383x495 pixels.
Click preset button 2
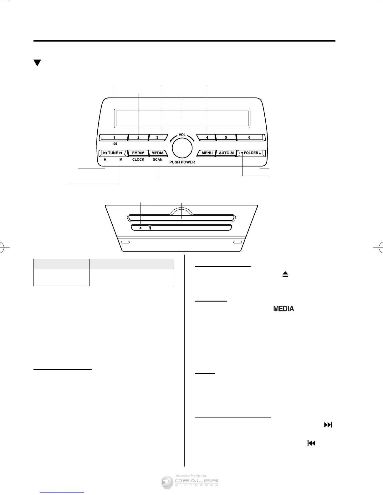(x=138, y=137)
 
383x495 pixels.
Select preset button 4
(x=207, y=137)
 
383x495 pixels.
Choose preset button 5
(x=226, y=137)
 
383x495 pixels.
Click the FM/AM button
(x=138, y=153)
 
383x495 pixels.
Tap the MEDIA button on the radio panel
(x=158, y=153)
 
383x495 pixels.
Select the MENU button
(x=207, y=153)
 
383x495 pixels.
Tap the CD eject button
(x=140, y=228)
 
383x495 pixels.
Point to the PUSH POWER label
(x=182, y=162)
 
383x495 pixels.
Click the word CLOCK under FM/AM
(x=138, y=160)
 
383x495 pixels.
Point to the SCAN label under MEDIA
(x=158, y=160)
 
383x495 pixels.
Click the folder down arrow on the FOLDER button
(x=242, y=153)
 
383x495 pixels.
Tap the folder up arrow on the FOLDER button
(x=260, y=153)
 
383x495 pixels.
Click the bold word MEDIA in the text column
(x=283, y=309)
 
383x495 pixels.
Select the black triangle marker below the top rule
(x=37, y=63)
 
